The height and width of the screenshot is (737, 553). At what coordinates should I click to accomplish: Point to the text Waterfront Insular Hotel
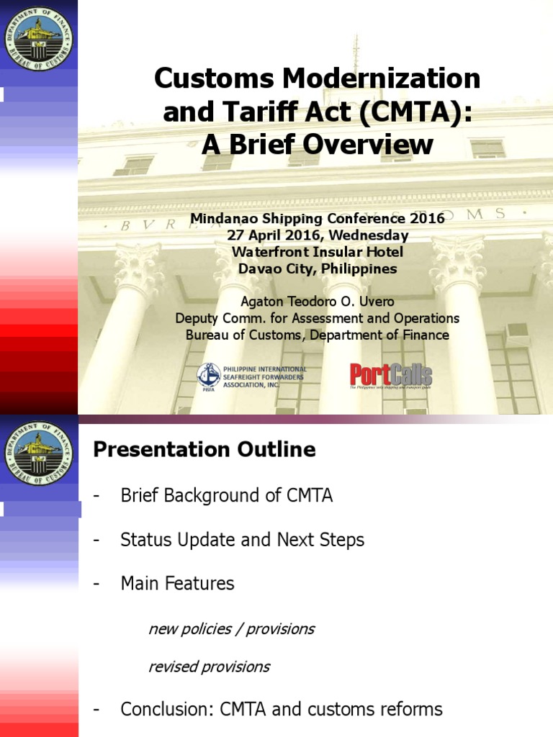(x=317, y=252)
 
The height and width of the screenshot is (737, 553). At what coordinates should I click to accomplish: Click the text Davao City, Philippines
(x=318, y=268)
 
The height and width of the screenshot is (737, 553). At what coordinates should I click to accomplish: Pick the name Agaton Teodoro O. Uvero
(x=318, y=302)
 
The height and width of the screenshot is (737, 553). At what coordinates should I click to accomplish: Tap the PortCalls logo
(x=391, y=375)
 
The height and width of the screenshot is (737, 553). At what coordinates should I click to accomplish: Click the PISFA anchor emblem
(x=209, y=375)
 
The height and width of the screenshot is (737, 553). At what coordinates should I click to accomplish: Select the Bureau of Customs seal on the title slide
(x=38, y=35)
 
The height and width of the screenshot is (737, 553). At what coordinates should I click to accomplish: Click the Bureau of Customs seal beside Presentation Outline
(x=38, y=451)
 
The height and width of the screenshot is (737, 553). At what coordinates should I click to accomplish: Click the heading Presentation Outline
(x=204, y=451)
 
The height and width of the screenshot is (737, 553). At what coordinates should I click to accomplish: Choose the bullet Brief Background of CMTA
(x=226, y=496)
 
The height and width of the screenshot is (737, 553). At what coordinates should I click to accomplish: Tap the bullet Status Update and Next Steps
(x=242, y=540)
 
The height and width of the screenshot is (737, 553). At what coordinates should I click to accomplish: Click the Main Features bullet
(x=177, y=583)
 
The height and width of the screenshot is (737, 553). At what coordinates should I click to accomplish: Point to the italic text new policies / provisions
(x=231, y=629)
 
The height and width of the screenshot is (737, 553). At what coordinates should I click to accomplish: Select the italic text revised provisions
(x=209, y=666)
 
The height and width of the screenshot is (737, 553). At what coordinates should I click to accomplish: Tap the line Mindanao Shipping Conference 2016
(x=318, y=219)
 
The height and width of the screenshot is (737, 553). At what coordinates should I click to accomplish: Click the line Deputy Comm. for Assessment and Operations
(x=318, y=318)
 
